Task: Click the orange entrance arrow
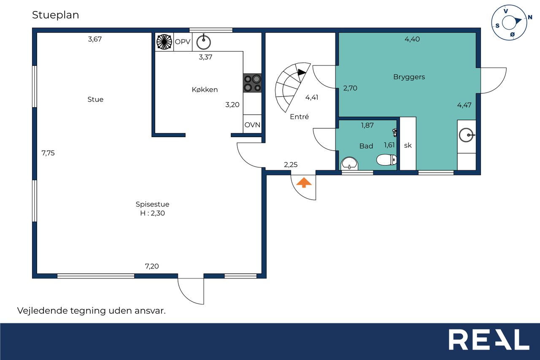click(304, 182)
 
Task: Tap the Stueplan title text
click(55, 15)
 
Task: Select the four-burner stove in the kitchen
click(252, 83)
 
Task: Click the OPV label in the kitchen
click(183, 42)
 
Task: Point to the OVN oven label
click(252, 125)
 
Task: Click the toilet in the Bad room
click(386, 160)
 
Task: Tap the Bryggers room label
click(409, 77)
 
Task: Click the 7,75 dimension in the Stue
click(48, 153)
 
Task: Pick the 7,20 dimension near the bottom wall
click(151, 266)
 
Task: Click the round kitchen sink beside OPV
click(203, 42)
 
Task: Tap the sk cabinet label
click(408, 146)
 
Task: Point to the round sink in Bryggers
click(467, 135)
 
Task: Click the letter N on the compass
click(529, 17)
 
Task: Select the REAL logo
click(489, 339)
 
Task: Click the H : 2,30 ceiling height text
click(152, 213)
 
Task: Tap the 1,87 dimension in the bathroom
click(367, 125)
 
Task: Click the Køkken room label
click(205, 90)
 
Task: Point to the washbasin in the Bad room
click(349, 163)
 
